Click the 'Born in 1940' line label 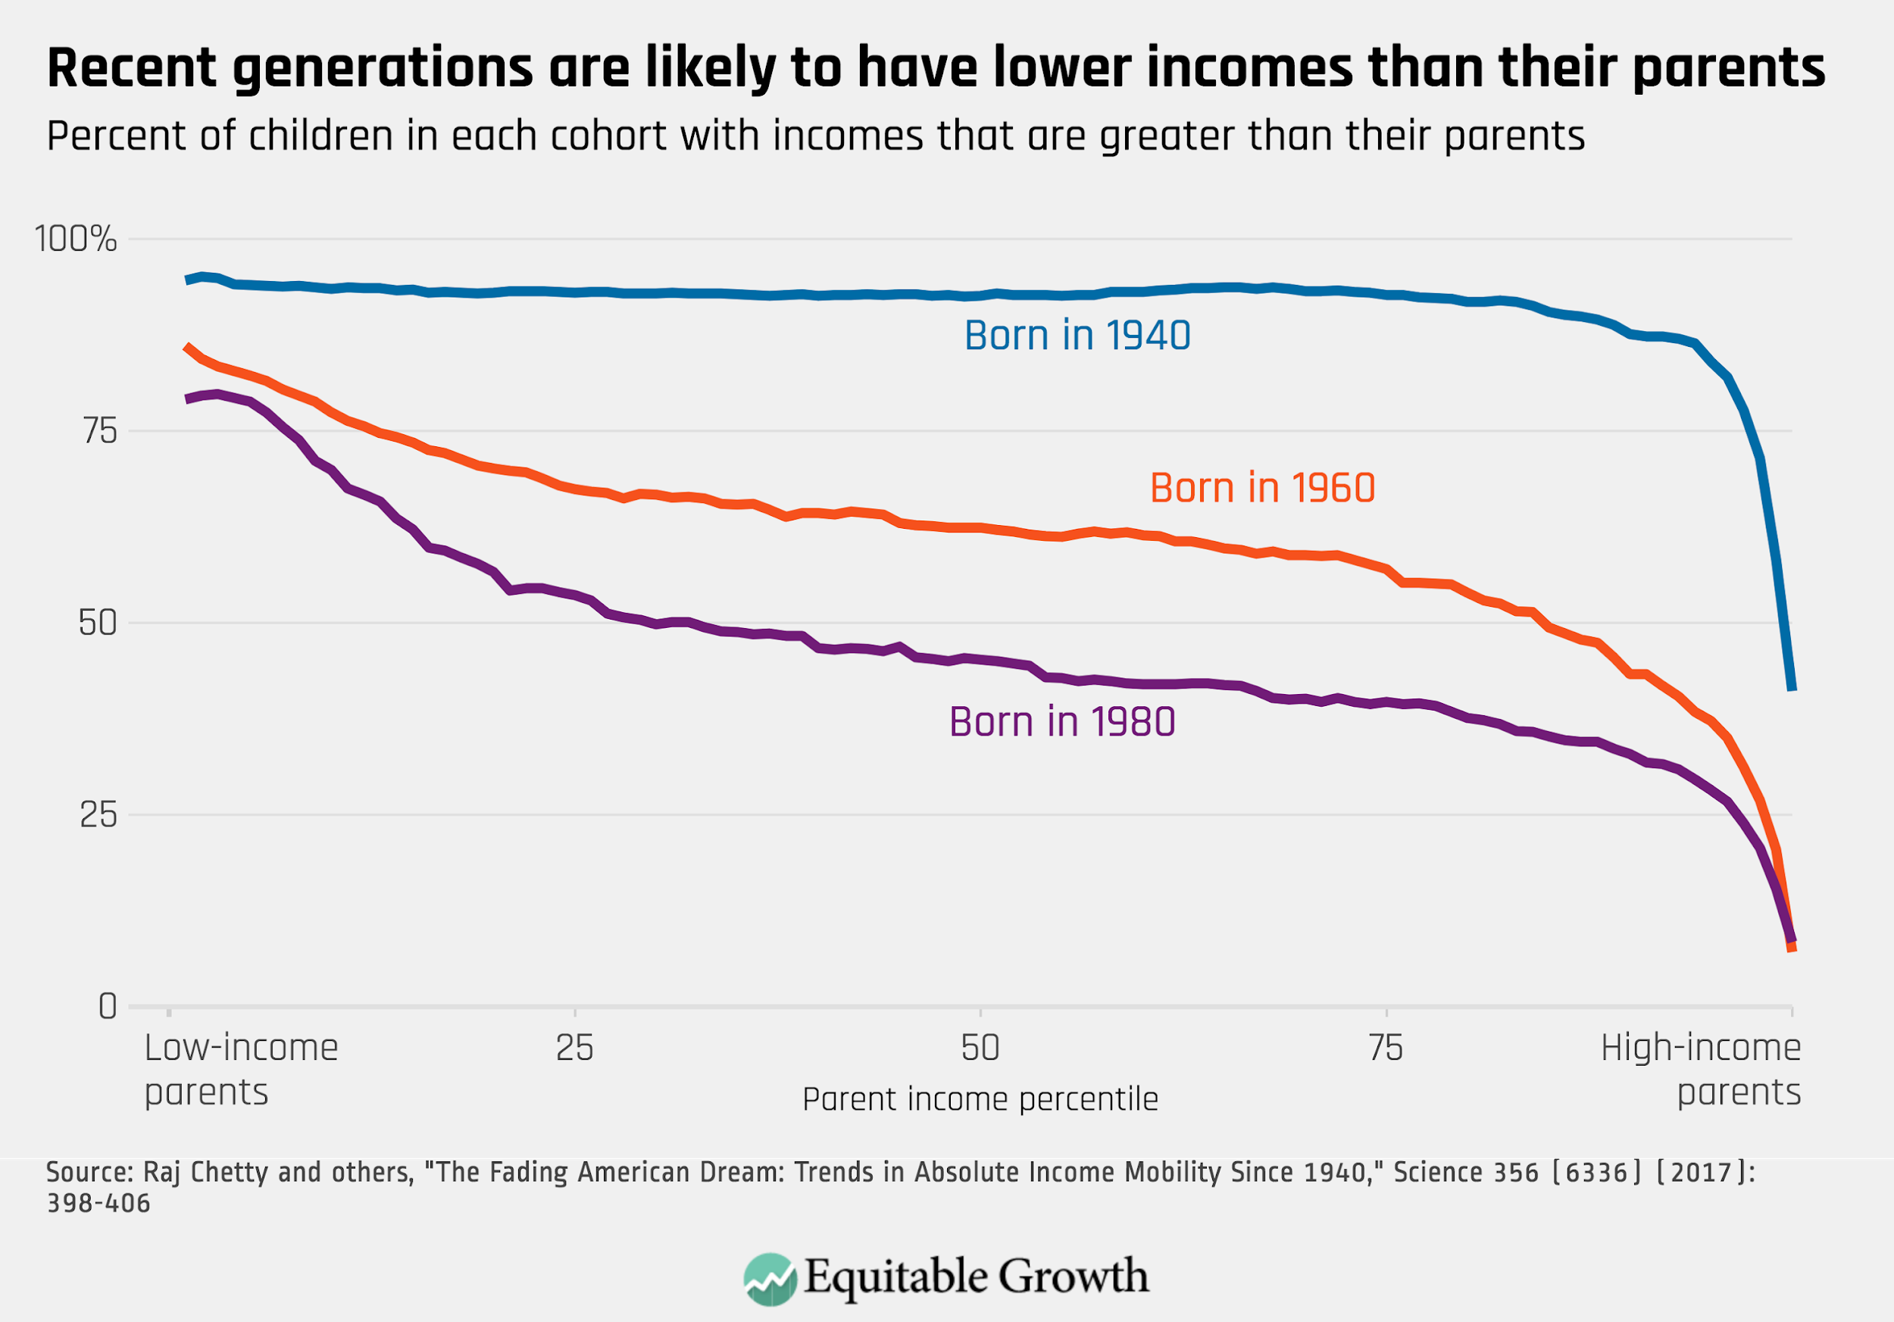coord(1077,336)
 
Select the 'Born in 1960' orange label coord(1262,488)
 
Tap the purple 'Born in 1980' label coord(1061,723)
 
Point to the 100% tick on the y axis coord(76,239)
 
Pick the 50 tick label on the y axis coord(98,623)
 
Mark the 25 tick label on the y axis coord(98,816)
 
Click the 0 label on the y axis coord(108,1007)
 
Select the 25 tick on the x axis coord(574,1049)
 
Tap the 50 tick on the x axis coord(980,1049)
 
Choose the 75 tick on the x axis coord(1386,1049)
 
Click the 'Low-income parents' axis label coord(240,1070)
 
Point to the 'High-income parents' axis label coord(1701,1070)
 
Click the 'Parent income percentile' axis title coord(980,1099)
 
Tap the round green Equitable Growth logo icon coord(770,1279)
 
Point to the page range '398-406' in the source coord(98,1203)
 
